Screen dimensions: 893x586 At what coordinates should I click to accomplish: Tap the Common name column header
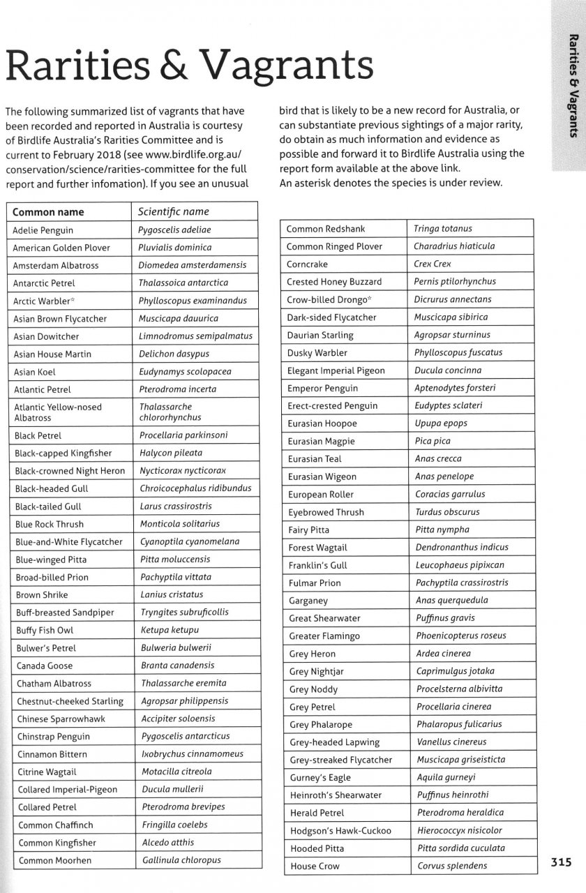click(x=48, y=212)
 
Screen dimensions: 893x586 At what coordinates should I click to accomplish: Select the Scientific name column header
click(x=174, y=211)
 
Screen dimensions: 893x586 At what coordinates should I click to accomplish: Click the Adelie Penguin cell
click(x=43, y=230)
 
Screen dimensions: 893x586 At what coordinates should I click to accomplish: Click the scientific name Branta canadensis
click(x=177, y=666)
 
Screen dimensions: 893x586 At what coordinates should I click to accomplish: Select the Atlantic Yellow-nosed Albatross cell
click(x=58, y=412)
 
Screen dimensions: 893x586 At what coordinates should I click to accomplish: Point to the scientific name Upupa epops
click(x=441, y=423)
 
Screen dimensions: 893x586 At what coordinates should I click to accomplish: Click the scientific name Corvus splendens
click(x=452, y=866)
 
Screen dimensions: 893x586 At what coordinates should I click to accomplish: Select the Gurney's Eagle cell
click(x=320, y=777)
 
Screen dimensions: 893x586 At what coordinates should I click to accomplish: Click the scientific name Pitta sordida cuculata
click(x=460, y=848)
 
